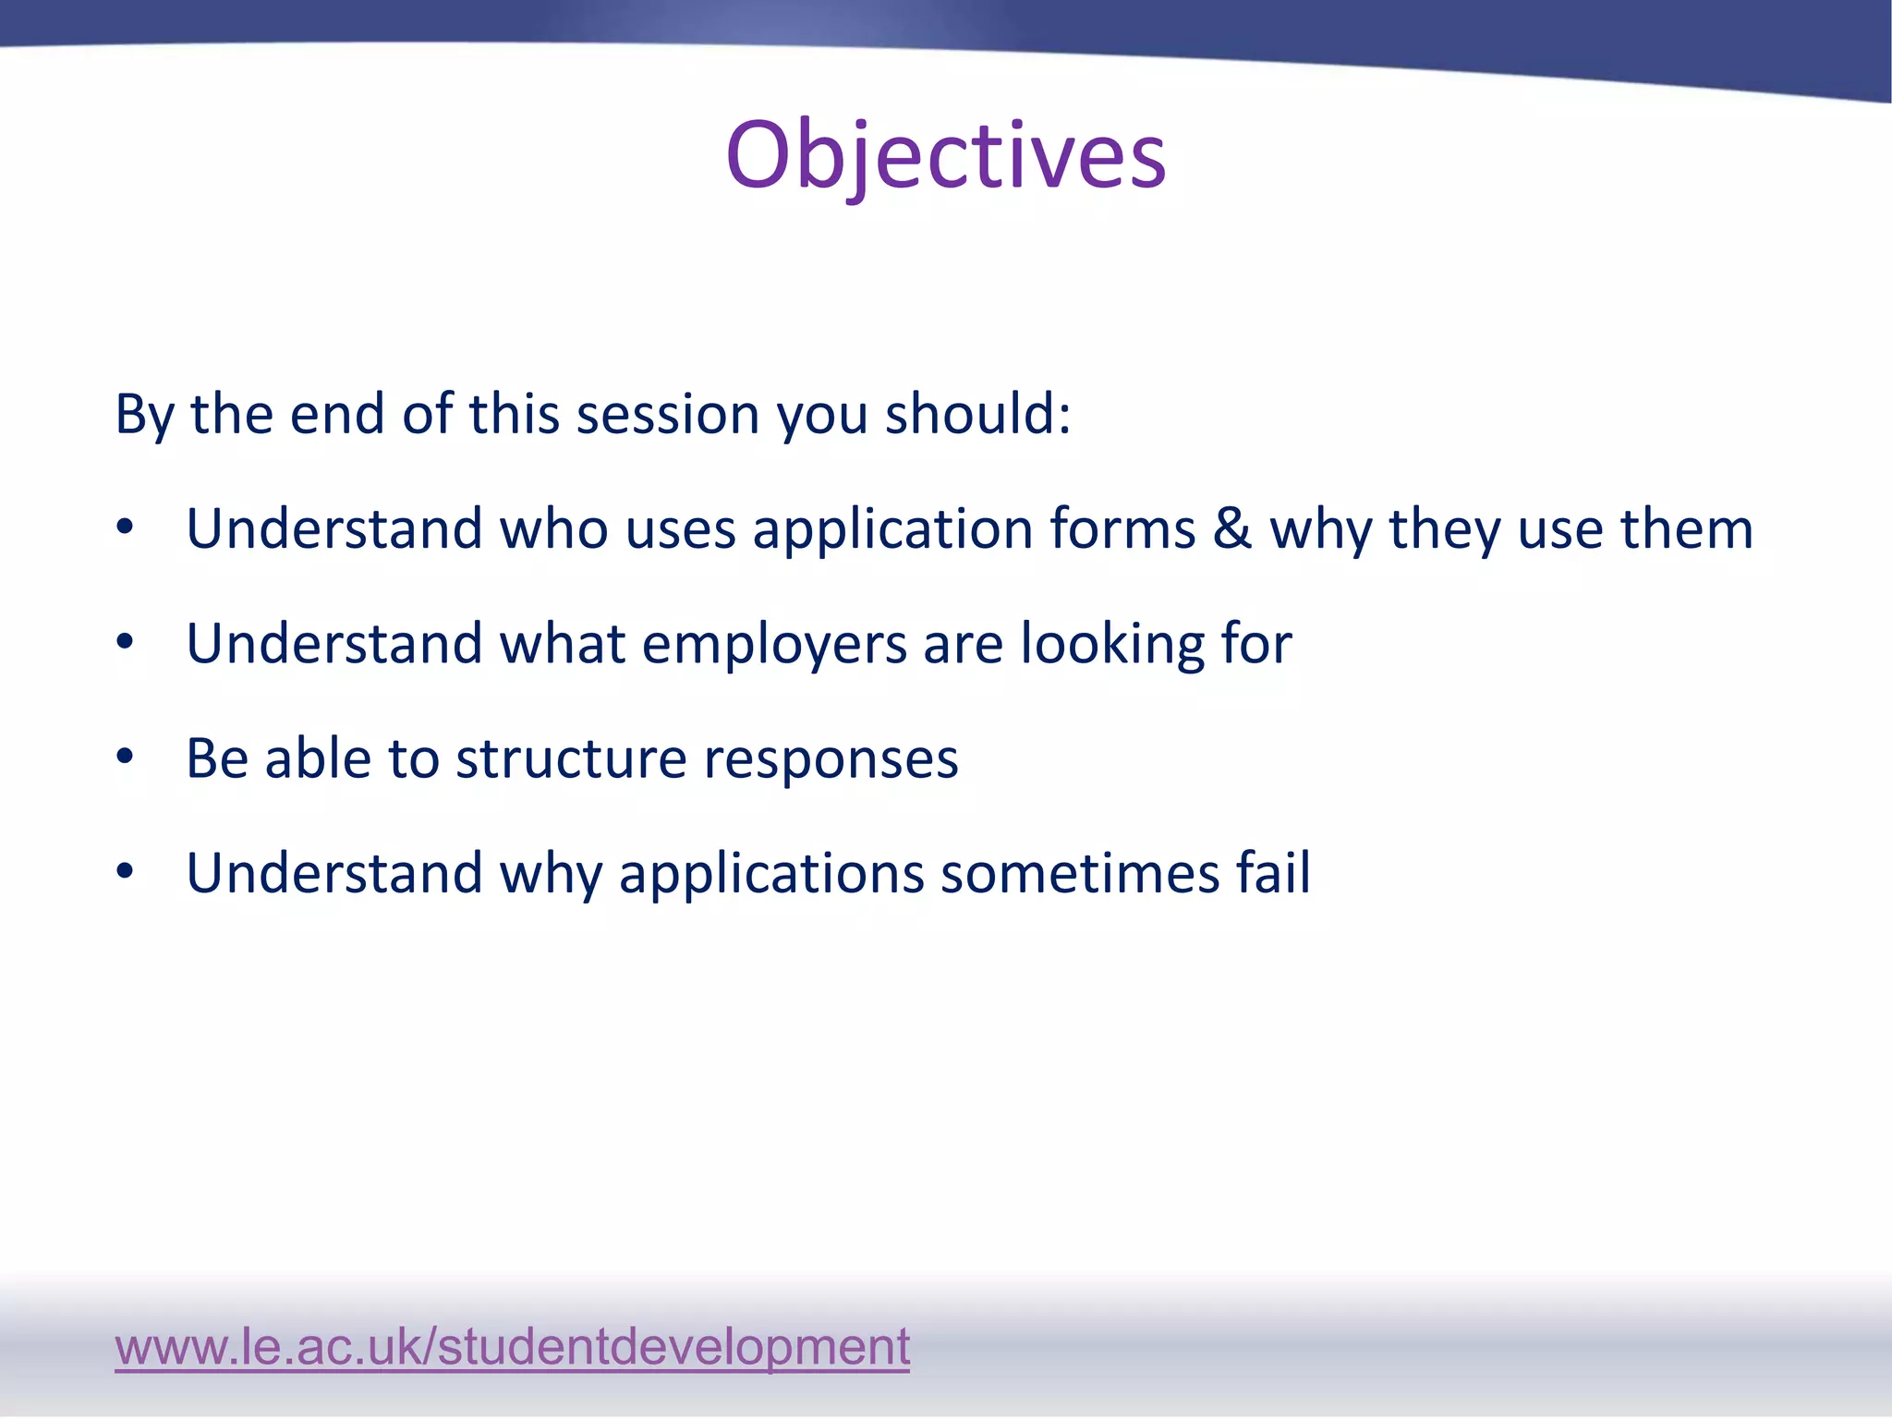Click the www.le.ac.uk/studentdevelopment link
(x=512, y=1346)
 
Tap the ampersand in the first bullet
(x=1232, y=529)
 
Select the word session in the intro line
(x=667, y=414)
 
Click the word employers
(x=774, y=644)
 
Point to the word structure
(x=571, y=759)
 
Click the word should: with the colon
(x=978, y=414)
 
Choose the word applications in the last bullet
(x=771, y=875)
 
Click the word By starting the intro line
(x=144, y=416)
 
